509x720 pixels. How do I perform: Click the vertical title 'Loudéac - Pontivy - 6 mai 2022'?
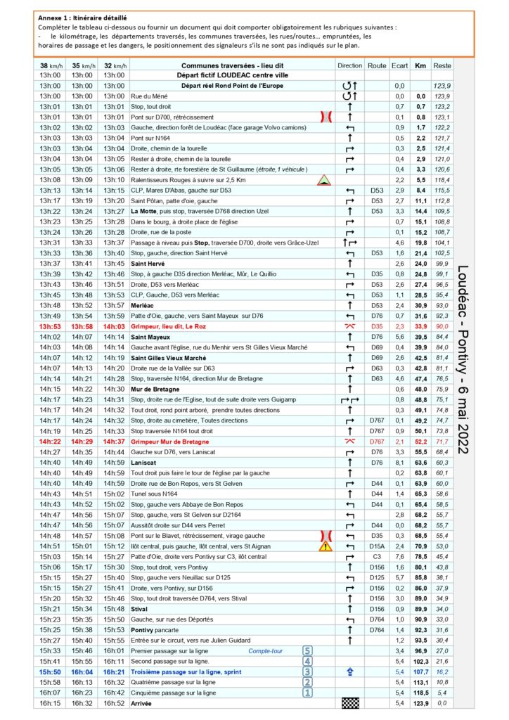coord(465,359)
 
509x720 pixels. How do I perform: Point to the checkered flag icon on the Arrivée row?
coord(350,702)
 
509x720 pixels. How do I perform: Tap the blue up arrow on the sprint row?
coord(350,671)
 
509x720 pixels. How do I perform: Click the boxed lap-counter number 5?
coord(307,650)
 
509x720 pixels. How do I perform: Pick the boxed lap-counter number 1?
coord(307,692)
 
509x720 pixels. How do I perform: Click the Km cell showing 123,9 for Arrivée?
coord(420,702)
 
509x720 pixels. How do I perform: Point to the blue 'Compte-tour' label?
coord(266,651)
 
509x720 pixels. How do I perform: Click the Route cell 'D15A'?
coord(377,546)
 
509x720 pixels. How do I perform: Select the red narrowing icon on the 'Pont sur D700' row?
coord(325,117)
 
